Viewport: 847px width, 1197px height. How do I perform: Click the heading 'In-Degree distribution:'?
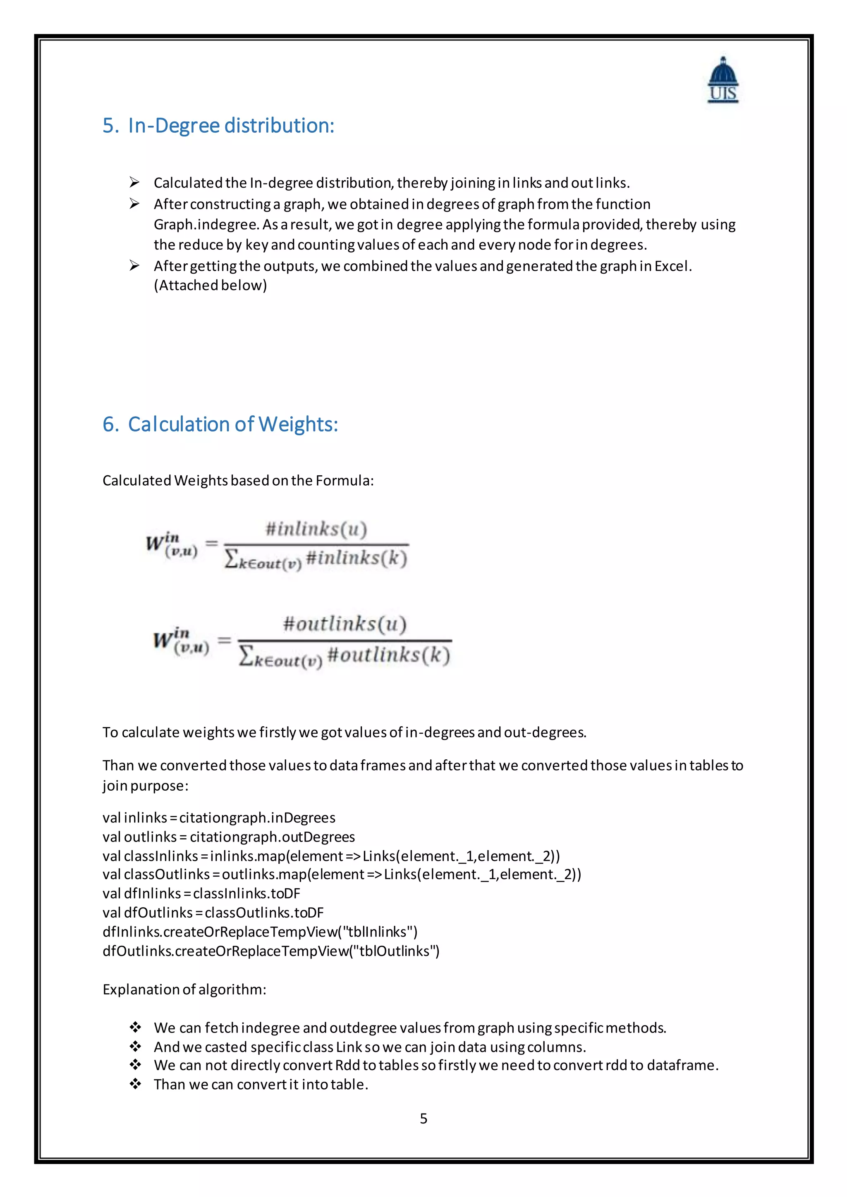click(x=231, y=126)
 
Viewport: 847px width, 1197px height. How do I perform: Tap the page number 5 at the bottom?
click(x=423, y=1118)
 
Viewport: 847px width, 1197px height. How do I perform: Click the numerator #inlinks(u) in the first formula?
click(x=316, y=529)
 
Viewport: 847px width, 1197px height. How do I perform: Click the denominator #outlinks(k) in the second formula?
click(x=389, y=655)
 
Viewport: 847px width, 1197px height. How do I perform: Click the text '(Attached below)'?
click(x=210, y=286)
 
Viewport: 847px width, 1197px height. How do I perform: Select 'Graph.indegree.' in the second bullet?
click(x=206, y=225)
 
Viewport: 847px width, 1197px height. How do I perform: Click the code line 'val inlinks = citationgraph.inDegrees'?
click(x=218, y=818)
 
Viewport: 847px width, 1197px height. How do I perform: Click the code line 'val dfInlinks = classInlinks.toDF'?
click(x=201, y=894)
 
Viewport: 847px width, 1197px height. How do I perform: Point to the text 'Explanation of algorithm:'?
click(x=184, y=990)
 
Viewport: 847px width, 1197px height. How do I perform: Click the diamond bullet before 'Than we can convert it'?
click(x=136, y=1085)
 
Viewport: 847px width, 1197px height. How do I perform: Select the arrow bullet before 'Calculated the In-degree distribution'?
click(x=134, y=182)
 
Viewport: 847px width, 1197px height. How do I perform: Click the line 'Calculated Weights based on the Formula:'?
click(x=238, y=481)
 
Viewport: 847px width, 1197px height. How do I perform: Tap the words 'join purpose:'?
click(x=145, y=786)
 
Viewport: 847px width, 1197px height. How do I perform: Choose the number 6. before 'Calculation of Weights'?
click(x=110, y=424)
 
